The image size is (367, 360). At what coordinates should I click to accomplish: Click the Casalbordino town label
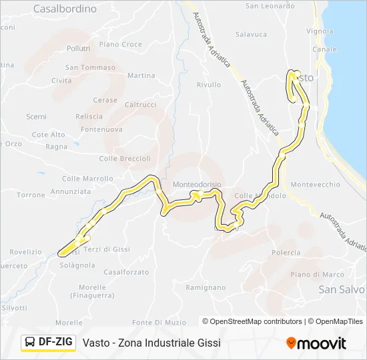pyautogui.click(x=65, y=9)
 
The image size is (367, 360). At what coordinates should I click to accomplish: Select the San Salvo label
pyautogui.click(x=342, y=289)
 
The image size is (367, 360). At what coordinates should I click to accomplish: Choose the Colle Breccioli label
pyautogui.click(x=125, y=159)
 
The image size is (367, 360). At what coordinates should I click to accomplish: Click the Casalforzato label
pyautogui.click(x=126, y=272)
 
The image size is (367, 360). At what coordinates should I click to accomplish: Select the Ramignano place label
pyautogui.click(x=206, y=287)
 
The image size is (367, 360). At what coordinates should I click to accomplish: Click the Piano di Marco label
pyautogui.click(x=317, y=275)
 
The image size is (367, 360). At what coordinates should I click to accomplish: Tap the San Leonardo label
pyautogui.click(x=270, y=6)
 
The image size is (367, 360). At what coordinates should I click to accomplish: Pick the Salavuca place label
pyautogui.click(x=251, y=34)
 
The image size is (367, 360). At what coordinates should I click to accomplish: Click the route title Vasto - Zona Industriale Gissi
pyautogui.click(x=151, y=343)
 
